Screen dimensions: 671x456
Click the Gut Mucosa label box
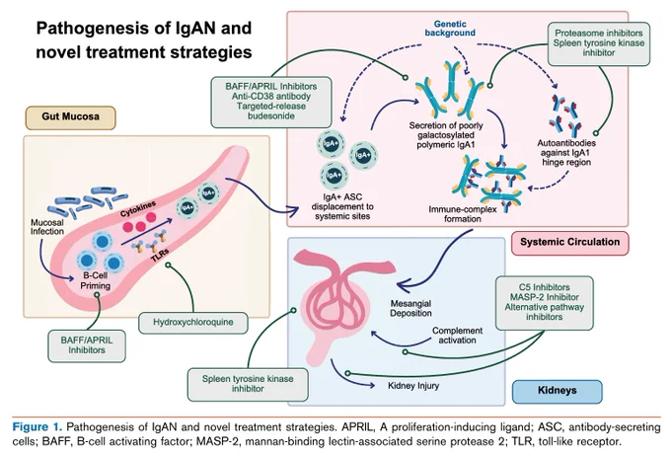click(x=71, y=117)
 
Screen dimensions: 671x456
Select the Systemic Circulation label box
click(x=570, y=243)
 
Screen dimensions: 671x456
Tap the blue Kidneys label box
click(x=558, y=391)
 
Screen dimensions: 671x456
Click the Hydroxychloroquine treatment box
click(x=193, y=323)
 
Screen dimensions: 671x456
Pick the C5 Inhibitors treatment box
click(x=544, y=303)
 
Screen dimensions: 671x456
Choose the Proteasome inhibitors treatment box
click(x=599, y=43)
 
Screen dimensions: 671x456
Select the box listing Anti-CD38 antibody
click(x=271, y=102)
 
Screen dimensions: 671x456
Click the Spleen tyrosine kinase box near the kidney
click(x=248, y=385)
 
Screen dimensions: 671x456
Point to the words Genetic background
click(x=450, y=29)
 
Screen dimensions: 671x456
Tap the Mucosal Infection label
click(x=47, y=227)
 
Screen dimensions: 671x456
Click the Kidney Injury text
click(x=413, y=386)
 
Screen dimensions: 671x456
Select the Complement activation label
click(x=457, y=336)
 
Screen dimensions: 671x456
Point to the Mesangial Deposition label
click(x=410, y=308)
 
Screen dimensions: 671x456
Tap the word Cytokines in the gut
click(x=138, y=208)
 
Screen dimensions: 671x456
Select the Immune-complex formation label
click(x=463, y=214)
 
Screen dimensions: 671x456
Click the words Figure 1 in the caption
click(x=37, y=427)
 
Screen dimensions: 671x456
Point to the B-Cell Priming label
click(x=96, y=281)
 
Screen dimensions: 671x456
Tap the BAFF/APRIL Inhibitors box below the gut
click(x=87, y=346)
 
